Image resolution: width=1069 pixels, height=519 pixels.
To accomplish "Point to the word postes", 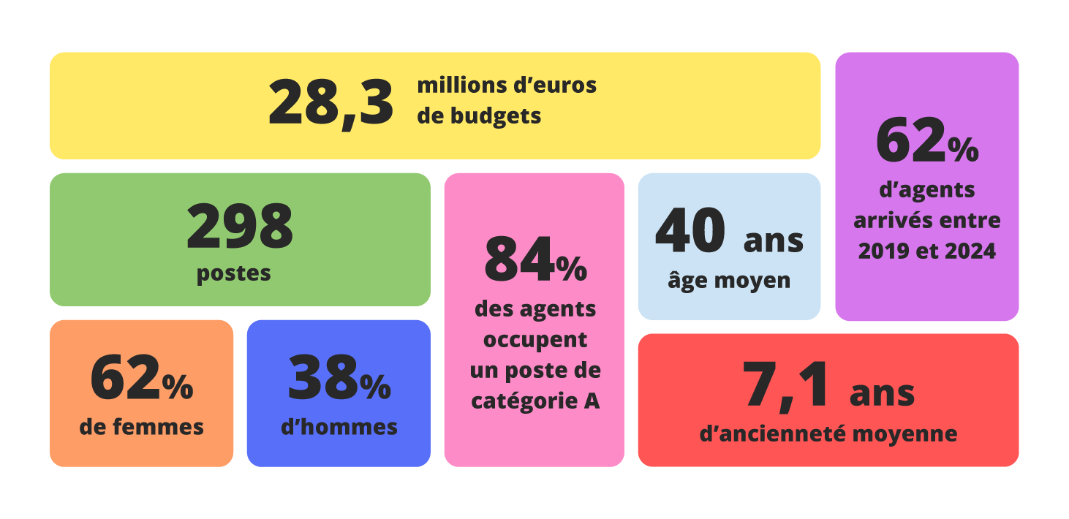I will pyautogui.click(x=234, y=273).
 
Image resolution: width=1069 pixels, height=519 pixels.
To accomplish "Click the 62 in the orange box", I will pyautogui.click(x=125, y=378).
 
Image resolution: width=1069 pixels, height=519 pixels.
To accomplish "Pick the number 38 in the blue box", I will pyautogui.click(x=322, y=378).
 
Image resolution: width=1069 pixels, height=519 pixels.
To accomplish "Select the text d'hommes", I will pyautogui.click(x=339, y=427).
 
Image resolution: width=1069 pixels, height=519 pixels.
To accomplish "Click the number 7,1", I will pyautogui.click(x=787, y=384).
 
